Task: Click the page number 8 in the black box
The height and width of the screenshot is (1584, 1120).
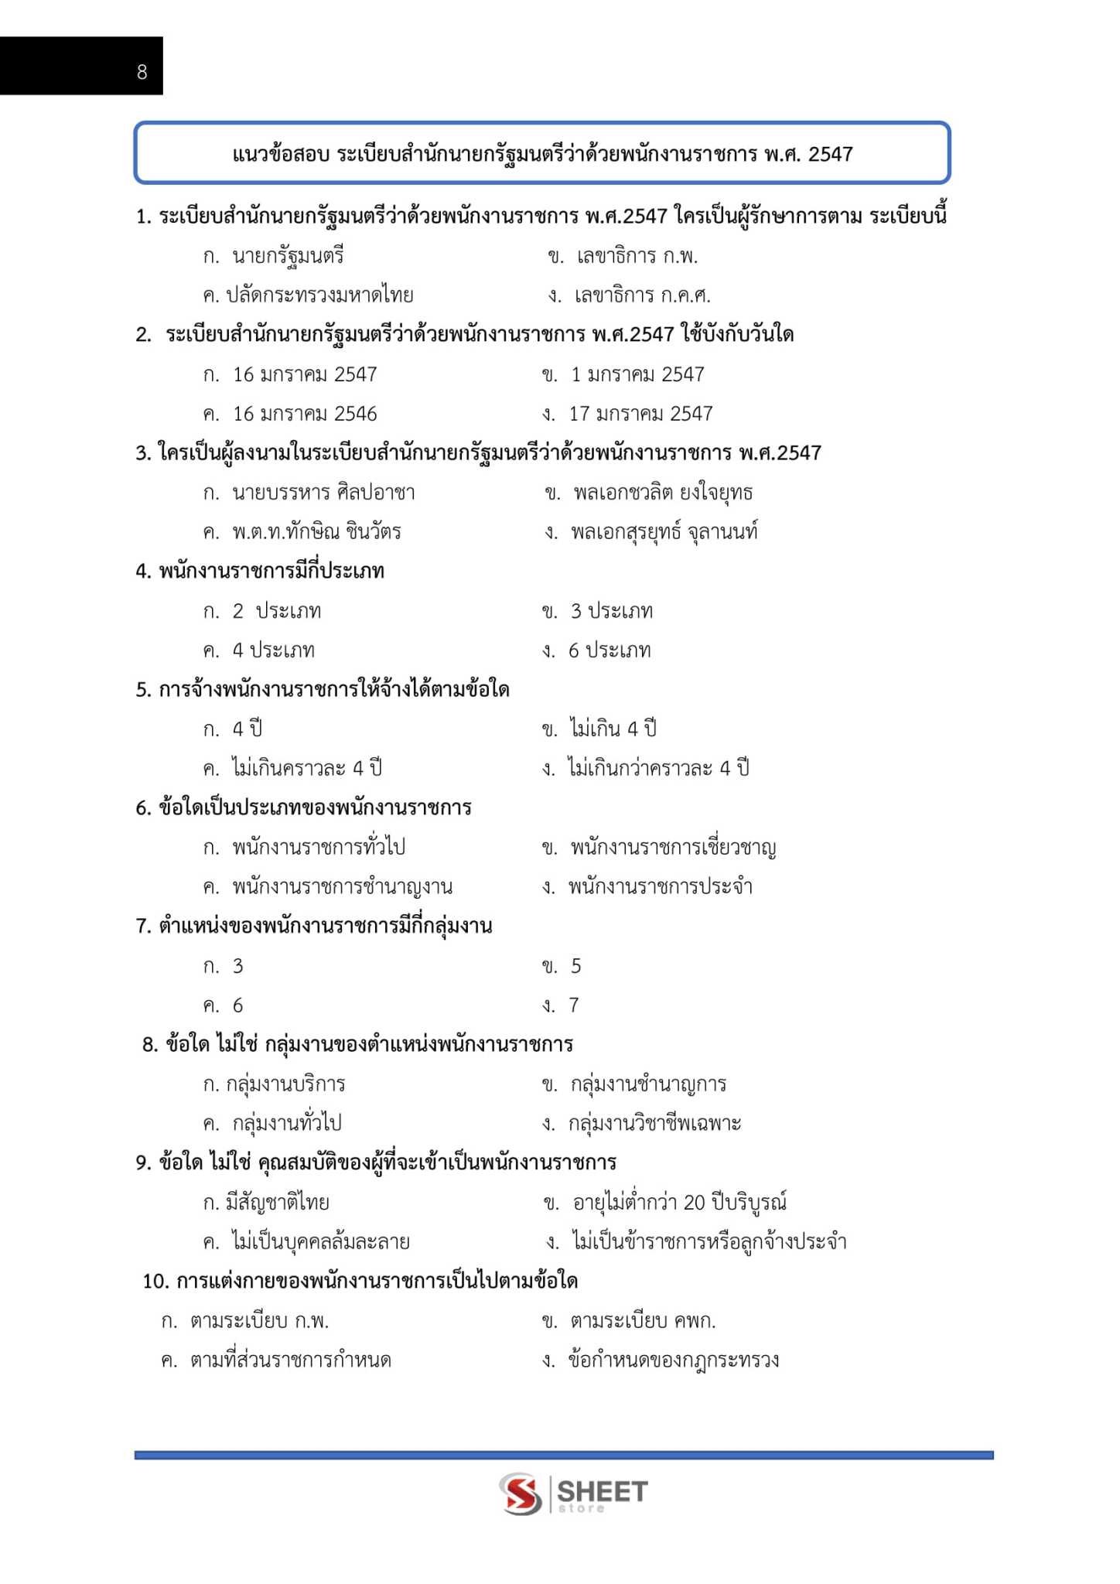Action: click(x=142, y=72)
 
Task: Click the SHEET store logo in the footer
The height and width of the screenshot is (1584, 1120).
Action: click(x=573, y=1494)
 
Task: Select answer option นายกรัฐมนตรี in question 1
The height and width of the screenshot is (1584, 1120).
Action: click(x=288, y=256)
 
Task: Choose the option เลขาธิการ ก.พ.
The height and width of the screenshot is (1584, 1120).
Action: click(x=637, y=256)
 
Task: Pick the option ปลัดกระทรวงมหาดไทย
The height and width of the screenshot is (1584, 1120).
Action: click(x=319, y=295)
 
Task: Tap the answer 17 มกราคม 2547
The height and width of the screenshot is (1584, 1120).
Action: click(x=640, y=414)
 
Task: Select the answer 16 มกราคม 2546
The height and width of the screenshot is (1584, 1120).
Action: click(x=305, y=414)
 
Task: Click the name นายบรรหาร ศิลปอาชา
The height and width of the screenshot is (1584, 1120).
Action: click(x=323, y=493)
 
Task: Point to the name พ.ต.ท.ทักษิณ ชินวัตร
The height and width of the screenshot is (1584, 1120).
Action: click(x=316, y=532)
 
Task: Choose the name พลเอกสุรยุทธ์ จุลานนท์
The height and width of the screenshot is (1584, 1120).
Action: click(x=664, y=532)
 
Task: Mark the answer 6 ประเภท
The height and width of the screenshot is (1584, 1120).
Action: click(x=610, y=650)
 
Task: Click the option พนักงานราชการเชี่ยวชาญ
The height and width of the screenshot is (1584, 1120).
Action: click(x=673, y=848)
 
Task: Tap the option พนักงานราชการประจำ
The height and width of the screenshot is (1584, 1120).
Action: click(x=660, y=887)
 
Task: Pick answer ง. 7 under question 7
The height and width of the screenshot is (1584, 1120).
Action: click(x=573, y=1005)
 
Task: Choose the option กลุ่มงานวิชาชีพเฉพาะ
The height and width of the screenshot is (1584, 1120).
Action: click(x=654, y=1124)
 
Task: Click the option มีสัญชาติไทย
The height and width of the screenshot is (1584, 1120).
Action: click(x=278, y=1203)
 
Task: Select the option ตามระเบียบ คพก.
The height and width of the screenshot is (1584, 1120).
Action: click(x=643, y=1321)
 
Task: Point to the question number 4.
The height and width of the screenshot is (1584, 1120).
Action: click(x=142, y=572)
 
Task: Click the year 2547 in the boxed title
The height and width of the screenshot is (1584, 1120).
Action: click(x=830, y=154)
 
